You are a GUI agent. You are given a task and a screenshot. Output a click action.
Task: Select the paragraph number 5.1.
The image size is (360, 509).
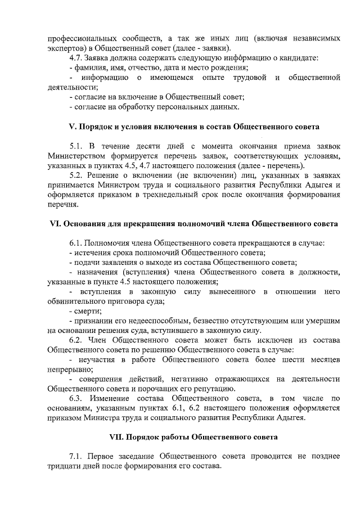[x=76, y=145]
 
